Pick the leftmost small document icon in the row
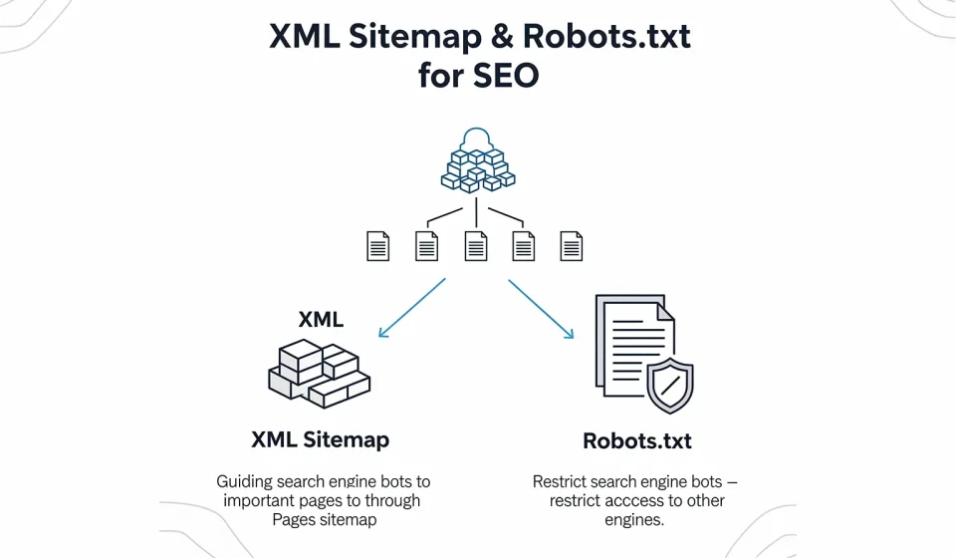(x=378, y=245)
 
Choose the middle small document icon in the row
(x=476, y=245)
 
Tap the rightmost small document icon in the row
(x=572, y=245)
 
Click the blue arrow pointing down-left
(x=410, y=308)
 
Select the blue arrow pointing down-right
(x=542, y=309)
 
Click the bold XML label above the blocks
(x=321, y=320)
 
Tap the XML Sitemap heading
(x=321, y=439)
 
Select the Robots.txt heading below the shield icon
(x=637, y=440)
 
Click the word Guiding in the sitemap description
(x=244, y=481)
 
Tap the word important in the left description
(x=258, y=500)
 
